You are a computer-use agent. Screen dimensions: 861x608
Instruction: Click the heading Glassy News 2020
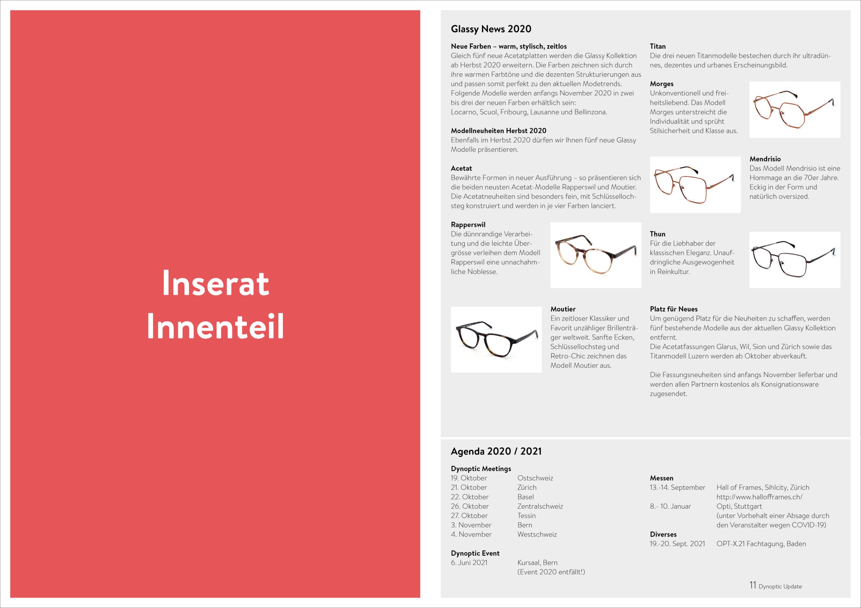tap(491, 29)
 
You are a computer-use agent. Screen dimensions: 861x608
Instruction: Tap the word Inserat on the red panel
tap(216, 283)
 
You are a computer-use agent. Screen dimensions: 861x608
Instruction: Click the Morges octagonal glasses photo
tap(795, 110)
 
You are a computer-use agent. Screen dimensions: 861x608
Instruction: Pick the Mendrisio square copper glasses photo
tap(695, 185)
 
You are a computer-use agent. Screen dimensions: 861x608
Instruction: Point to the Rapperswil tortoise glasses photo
tap(596, 255)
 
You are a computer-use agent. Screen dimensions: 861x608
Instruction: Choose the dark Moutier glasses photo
tap(496, 339)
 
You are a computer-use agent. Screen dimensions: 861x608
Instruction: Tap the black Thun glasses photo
tap(795, 260)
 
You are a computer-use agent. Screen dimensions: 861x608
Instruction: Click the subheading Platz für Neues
tap(674, 309)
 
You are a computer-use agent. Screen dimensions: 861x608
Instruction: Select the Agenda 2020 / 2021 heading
tap(496, 451)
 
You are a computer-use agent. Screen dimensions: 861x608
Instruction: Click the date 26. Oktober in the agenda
tap(470, 506)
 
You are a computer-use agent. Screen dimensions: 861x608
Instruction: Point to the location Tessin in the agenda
tap(526, 516)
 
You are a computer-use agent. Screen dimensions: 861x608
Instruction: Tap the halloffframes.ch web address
tap(759, 497)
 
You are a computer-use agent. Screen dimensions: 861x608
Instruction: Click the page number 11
tap(753, 585)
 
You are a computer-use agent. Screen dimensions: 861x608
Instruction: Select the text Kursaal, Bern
tap(537, 563)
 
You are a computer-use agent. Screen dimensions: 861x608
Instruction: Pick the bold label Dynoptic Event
tap(475, 553)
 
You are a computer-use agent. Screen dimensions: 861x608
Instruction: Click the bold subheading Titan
tap(658, 46)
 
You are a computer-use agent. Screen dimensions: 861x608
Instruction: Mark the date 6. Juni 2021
tap(469, 563)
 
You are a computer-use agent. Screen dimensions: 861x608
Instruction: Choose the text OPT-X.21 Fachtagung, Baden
tap(761, 544)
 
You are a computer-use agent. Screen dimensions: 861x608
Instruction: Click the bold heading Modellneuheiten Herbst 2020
tap(498, 131)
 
